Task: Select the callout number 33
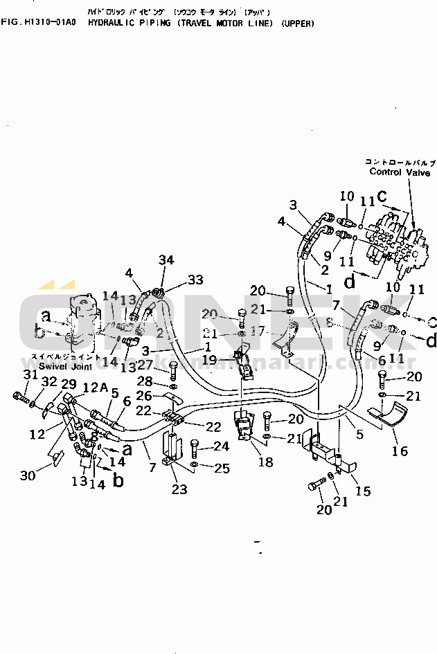[x=195, y=279]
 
